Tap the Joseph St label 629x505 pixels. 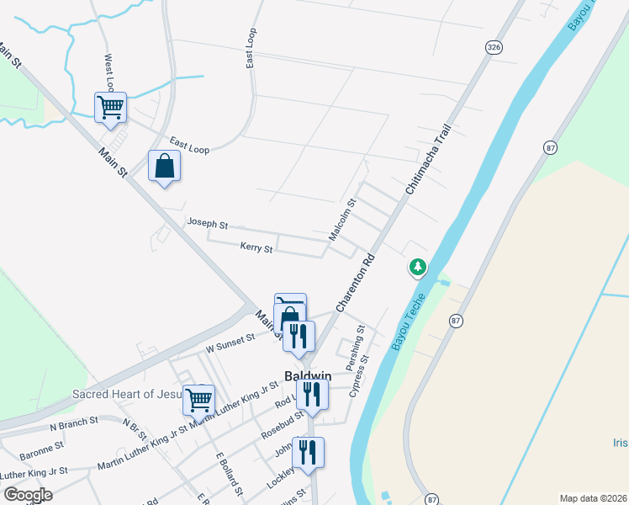[x=208, y=225]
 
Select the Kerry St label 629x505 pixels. [x=256, y=248]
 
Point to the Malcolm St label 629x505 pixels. [x=343, y=221]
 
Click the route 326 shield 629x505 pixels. [x=494, y=48]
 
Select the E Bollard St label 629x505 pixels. [x=230, y=473]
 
